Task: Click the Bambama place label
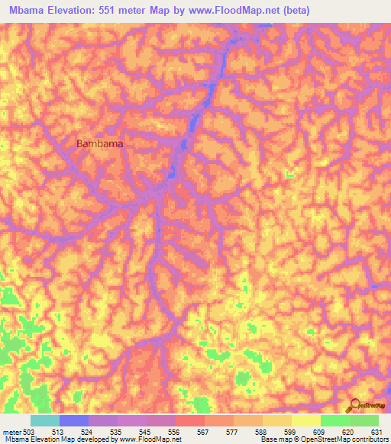pyautogui.click(x=100, y=143)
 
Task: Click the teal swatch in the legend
pyautogui.click(x=45, y=420)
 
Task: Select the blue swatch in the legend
pyautogui.click(x=74, y=420)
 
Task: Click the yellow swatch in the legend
pyautogui.click(x=306, y=420)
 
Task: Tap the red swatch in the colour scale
pyautogui.click(x=190, y=420)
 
